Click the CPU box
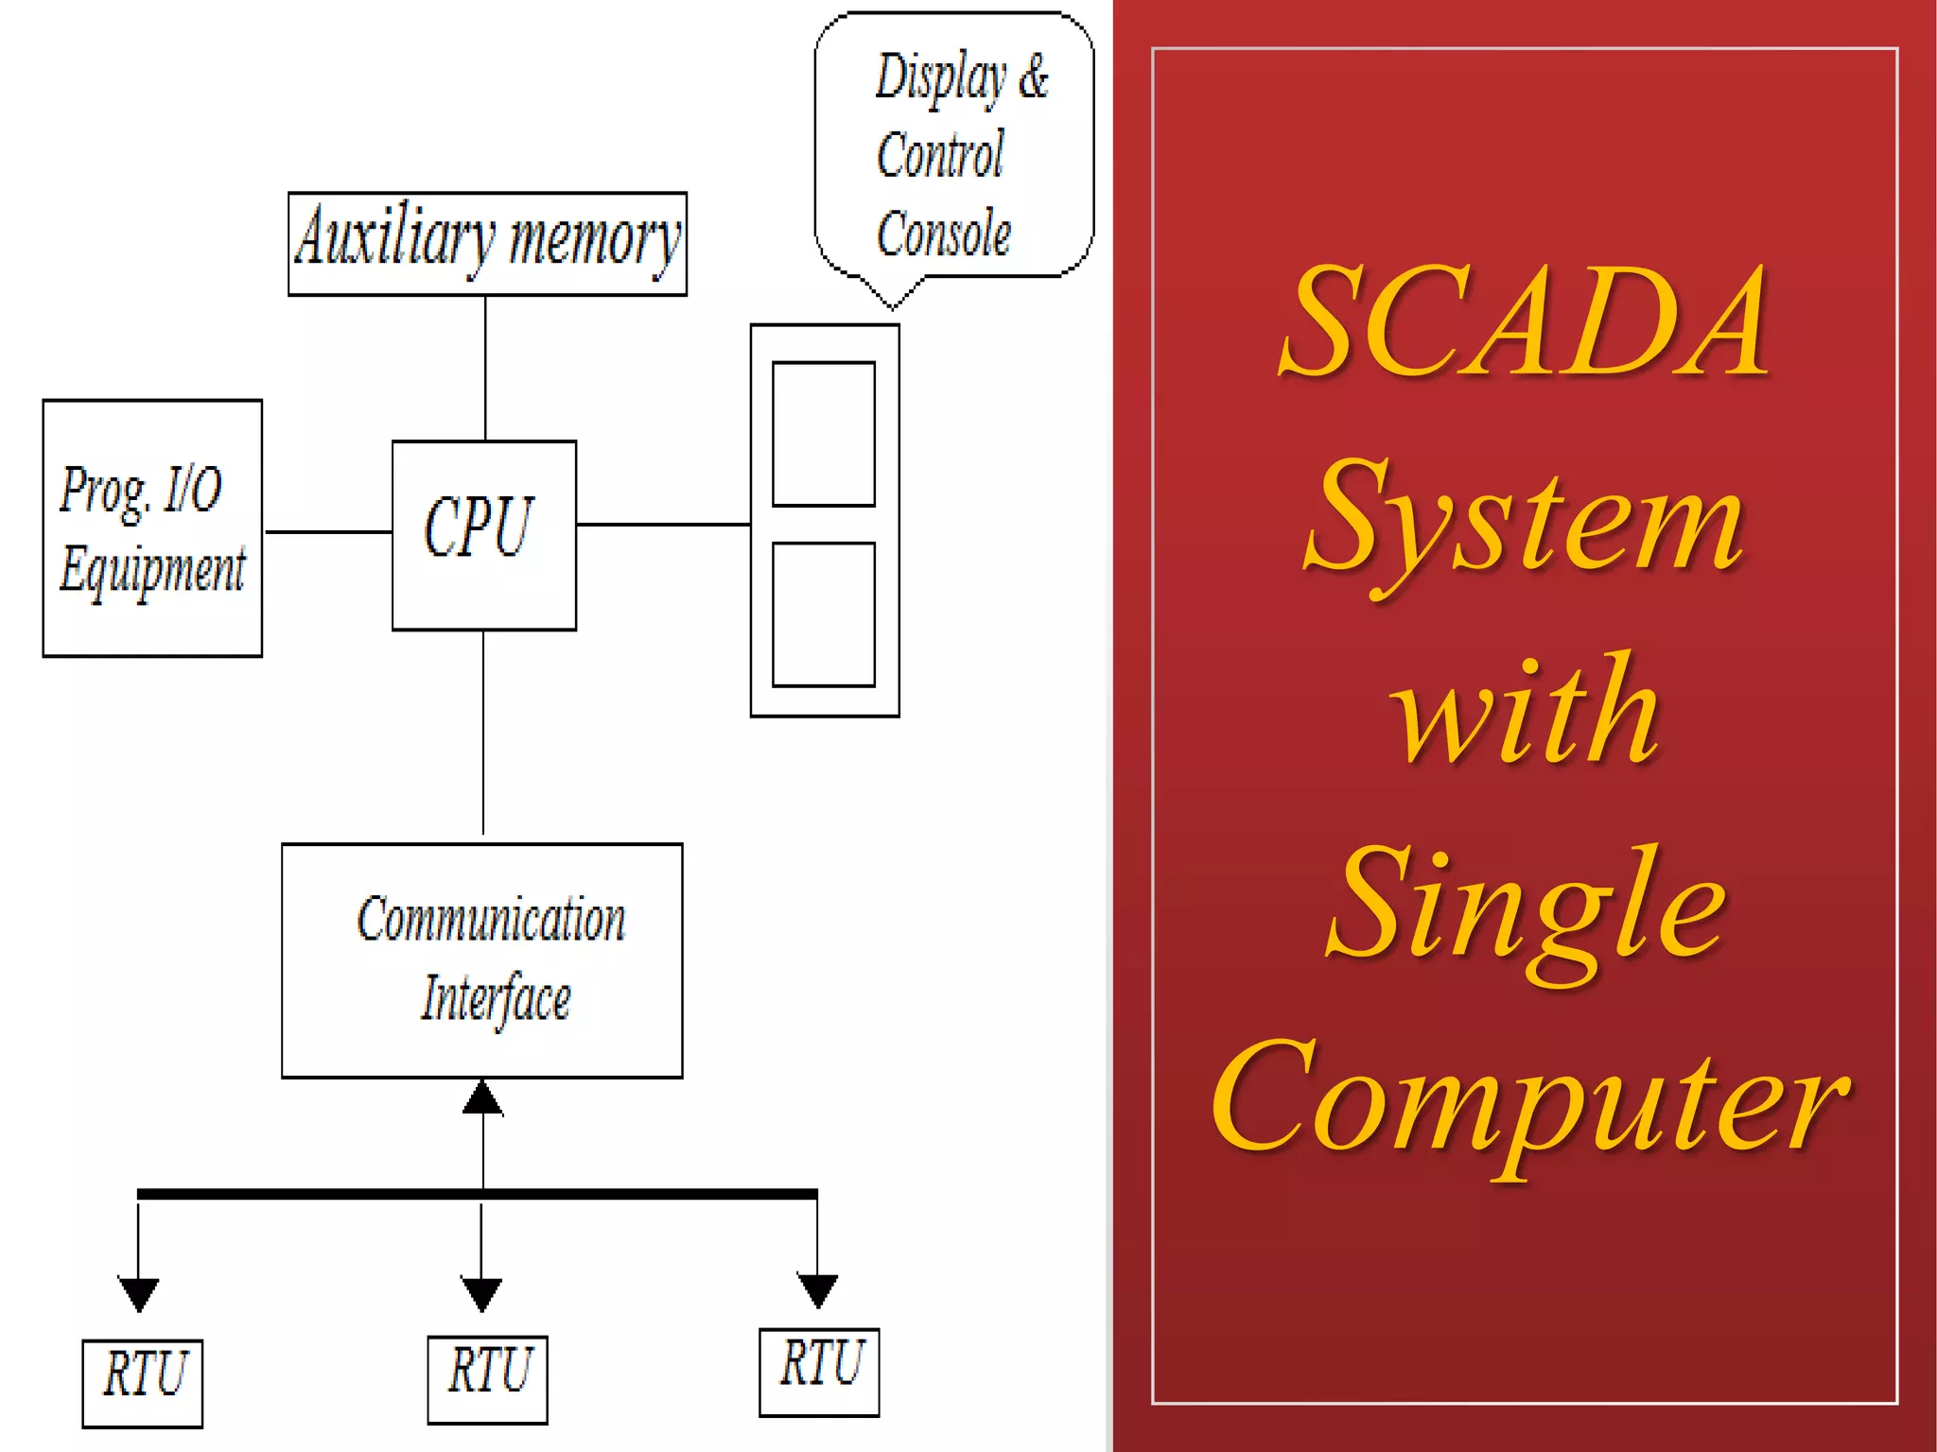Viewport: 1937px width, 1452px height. pyautogui.click(x=483, y=534)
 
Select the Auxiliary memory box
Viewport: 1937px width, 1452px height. pyautogui.click(x=487, y=243)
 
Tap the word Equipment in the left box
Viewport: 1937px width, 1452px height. pyautogui.click(x=152, y=570)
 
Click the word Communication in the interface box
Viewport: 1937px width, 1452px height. pyautogui.click(x=491, y=919)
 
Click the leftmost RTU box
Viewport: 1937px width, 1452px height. pyautogui.click(x=143, y=1381)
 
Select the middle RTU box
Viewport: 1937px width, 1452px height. pyautogui.click(x=487, y=1378)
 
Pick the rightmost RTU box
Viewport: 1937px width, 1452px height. pyautogui.click(x=819, y=1371)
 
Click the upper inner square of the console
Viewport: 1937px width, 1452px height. pyautogui.click(x=823, y=434)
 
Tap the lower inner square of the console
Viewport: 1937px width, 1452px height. pyautogui.click(x=823, y=614)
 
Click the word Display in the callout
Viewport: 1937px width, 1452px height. pyautogui.click(x=940, y=78)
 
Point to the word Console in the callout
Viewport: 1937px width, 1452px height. pyautogui.click(x=943, y=233)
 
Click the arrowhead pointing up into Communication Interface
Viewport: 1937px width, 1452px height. pyautogui.click(x=482, y=1098)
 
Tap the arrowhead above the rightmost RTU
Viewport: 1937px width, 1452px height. pyautogui.click(x=817, y=1289)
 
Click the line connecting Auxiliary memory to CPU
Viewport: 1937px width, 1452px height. pyautogui.click(x=485, y=368)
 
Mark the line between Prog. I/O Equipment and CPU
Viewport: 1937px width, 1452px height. pyautogui.click(x=327, y=532)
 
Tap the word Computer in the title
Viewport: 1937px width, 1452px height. pyautogui.click(x=1528, y=1101)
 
